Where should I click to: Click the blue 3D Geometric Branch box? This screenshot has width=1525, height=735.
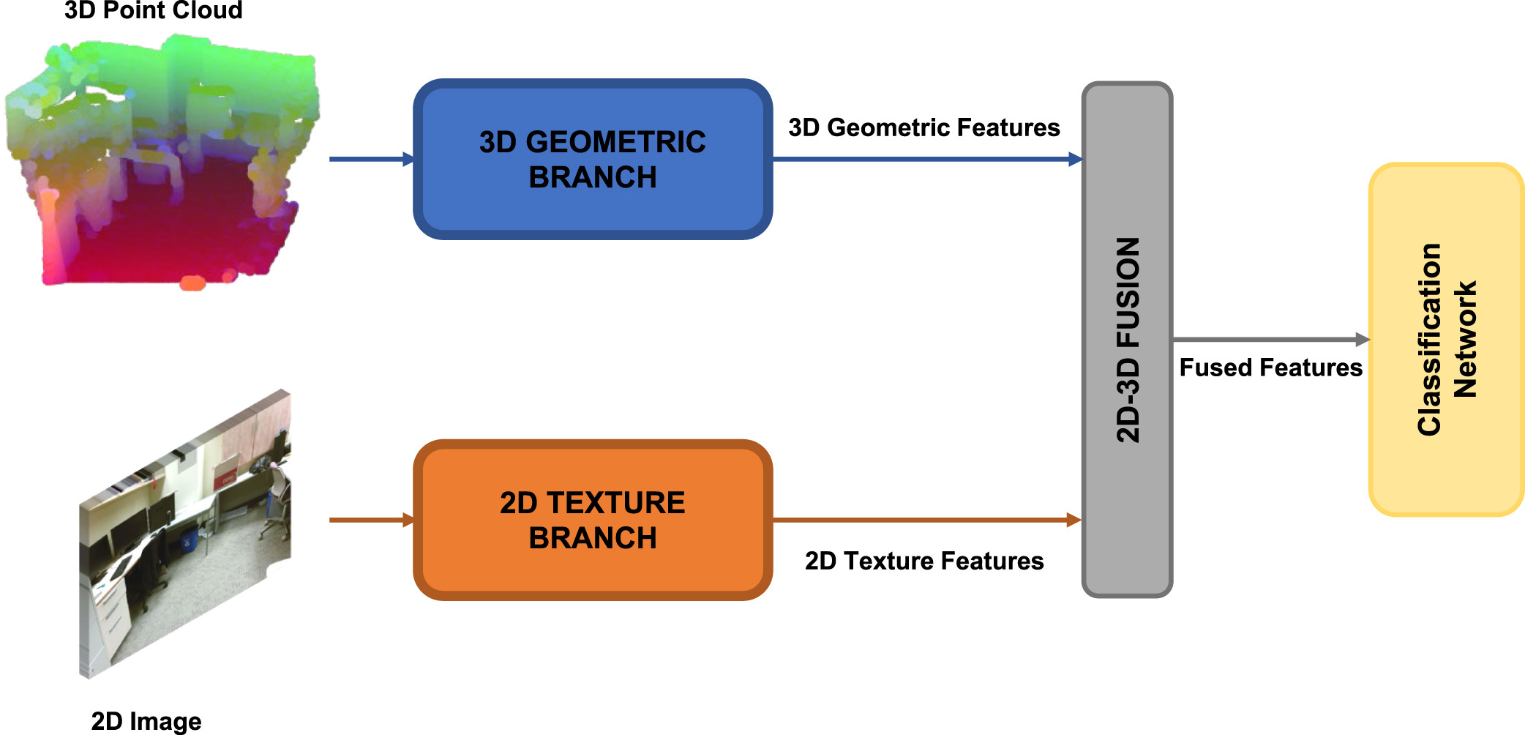point(593,159)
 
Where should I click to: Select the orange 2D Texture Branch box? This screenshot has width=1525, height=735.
point(593,520)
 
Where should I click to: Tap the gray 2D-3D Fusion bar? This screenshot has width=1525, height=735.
point(1127,340)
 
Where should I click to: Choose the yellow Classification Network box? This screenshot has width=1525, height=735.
point(1447,340)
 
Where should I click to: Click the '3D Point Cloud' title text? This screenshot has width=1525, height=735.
point(154,10)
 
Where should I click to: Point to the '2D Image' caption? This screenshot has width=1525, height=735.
point(146,721)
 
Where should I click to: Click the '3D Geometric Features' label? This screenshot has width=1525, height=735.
point(924,127)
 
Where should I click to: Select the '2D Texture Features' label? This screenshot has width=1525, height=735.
point(924,561)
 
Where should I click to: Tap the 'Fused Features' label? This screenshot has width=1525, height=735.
point(1271,367)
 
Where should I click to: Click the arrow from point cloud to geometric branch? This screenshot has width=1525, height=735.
point(372,159)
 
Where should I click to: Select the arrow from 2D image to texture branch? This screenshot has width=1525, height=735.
point(372,520)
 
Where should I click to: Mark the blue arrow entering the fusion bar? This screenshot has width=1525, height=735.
point(928,159)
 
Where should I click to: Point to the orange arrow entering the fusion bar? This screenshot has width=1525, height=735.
point(928,520)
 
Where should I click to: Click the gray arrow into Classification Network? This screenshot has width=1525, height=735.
point(1271,340)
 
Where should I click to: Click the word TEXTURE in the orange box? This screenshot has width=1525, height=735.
point(616,503)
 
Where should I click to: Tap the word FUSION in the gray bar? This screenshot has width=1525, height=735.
point(1128,292)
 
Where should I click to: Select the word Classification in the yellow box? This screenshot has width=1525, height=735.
point(1429,340)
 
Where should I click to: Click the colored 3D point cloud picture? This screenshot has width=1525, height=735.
point(162,161)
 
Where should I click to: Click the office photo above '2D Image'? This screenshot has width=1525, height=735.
point(185,534)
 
